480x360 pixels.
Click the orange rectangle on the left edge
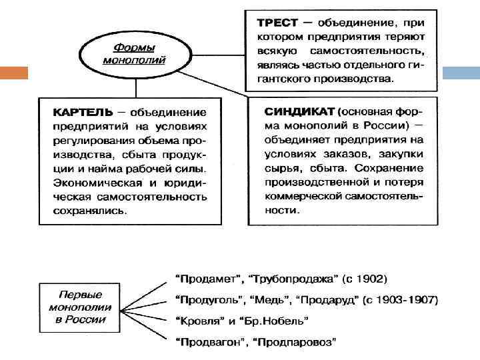[x=13, y=73]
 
